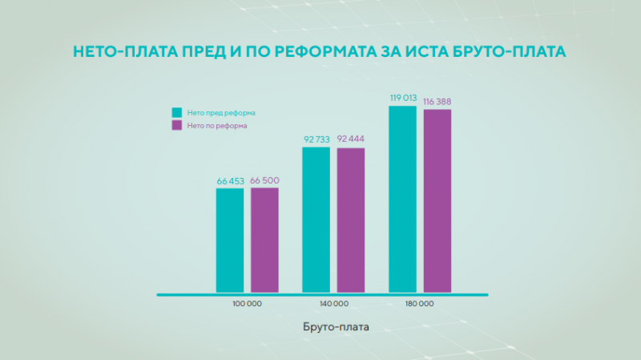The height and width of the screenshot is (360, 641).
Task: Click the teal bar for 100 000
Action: [x=230, y=241]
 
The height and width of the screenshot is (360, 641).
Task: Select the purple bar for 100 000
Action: [x=264, y=241]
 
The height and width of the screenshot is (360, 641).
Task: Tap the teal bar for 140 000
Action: [x=316, y=220]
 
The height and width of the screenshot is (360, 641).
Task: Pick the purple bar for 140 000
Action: [x=350, y=220]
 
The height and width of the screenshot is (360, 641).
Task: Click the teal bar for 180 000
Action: [x=402, y=200]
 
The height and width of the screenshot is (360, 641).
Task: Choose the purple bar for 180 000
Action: [x=437, y=201]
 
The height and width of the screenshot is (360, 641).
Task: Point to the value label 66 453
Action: [x=230, y=182]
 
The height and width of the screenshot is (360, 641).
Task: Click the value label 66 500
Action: [x=265, y=182]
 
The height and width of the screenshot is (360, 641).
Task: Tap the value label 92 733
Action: [x=316, y=140]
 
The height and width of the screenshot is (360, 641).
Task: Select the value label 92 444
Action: [x=351, y=140]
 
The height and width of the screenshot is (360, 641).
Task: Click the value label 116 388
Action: [x=438, y=102]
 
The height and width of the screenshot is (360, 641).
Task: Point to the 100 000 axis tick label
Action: [x=247, y=304]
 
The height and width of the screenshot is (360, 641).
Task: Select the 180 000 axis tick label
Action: [x=420, y=304]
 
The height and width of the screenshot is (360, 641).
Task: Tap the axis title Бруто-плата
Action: [x=337, y=326]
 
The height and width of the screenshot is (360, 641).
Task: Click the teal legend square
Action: [x=177, y=113]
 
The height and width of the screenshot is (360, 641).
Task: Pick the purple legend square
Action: [x=177, y=126]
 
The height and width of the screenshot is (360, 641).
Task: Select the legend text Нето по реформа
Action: [x=217, y=126]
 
